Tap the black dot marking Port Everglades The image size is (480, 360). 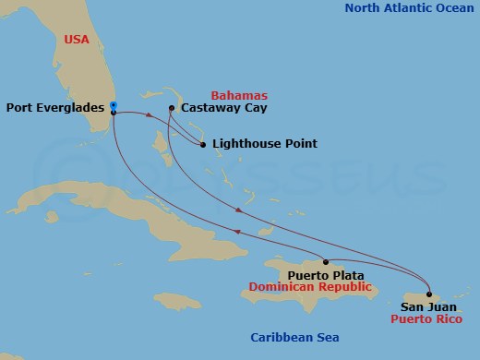coord(113,112)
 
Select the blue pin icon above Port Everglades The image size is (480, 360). coord(113,104)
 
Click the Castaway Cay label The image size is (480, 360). coord(219,108)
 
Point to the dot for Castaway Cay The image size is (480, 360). coord(172,109)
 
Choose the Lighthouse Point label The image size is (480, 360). coord(265,144)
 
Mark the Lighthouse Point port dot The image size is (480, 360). coord(203,144)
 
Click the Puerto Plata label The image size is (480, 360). coord(325,275)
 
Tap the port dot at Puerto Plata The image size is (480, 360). coord(325,261)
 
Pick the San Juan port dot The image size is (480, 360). coord(428,294)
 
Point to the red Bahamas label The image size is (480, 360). coord(239,95)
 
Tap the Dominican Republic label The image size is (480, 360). coord(317,288)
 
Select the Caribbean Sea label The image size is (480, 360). coord(290,337)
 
